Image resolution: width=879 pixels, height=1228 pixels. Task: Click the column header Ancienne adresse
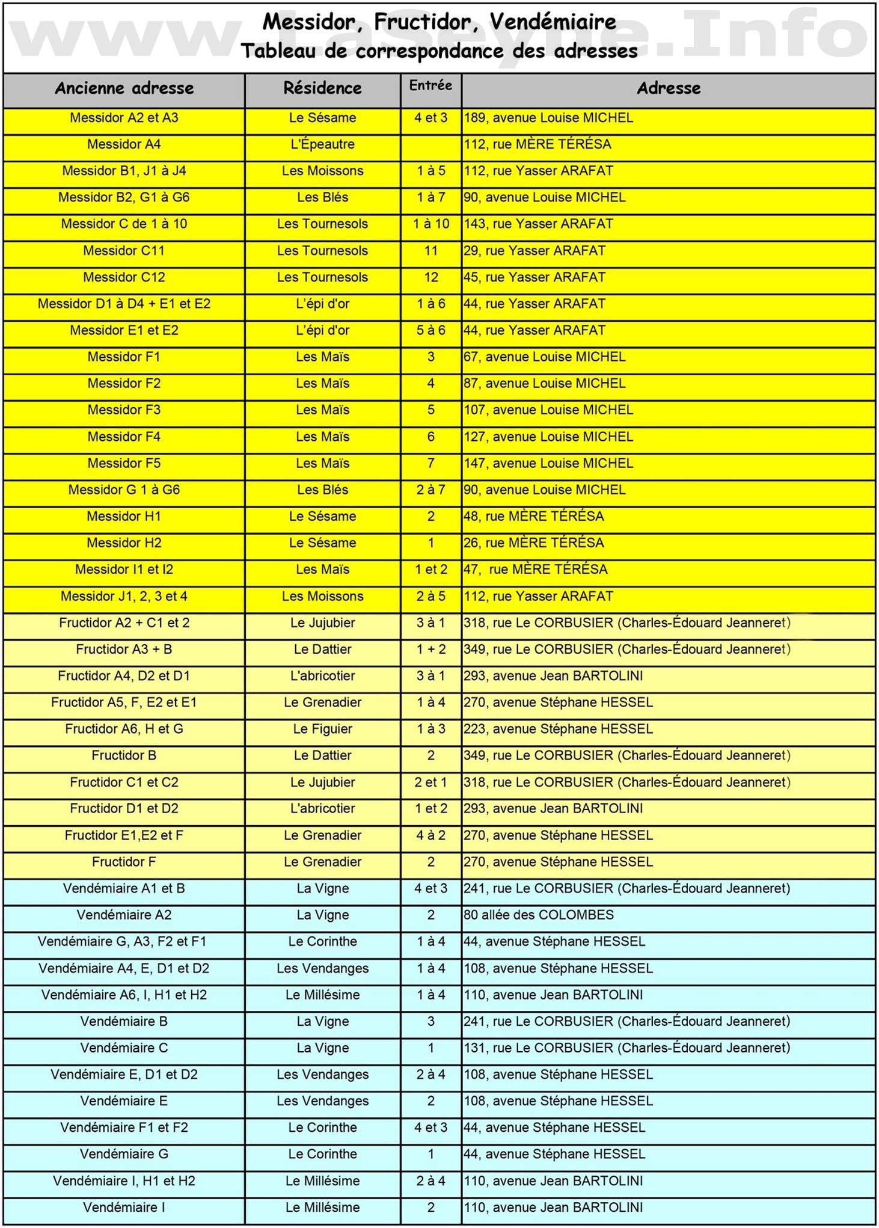(x=124, y=88)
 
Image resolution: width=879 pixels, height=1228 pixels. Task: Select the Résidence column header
(x=322, y=88)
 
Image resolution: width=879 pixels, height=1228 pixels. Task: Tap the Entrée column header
(x=430, y=86)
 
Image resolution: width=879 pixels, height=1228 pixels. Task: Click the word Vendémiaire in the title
(x=553, y=22)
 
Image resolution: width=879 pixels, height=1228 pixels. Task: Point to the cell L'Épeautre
(x=322, y=144)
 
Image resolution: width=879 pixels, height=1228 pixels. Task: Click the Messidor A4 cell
(x=124, y=144)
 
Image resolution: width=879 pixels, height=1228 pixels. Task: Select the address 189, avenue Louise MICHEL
(x=548, y=118)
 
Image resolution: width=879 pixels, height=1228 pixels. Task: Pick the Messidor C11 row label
(x=124, y=251)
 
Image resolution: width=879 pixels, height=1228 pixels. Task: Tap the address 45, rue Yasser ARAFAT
(x=534, y=277)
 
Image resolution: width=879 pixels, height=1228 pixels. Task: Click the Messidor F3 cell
(x=124, y=410)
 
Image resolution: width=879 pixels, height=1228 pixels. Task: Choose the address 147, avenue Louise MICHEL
(x=548, y=463)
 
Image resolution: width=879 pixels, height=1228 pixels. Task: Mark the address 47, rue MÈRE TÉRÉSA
(x=536, y=569)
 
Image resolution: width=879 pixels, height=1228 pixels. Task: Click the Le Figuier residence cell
(x=322, y=729)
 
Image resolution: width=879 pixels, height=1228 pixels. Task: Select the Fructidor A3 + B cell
(x=124, y=649)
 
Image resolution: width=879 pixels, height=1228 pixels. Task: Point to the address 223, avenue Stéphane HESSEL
(x=558, y=729)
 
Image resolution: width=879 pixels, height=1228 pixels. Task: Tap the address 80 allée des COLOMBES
(x=539, y=915)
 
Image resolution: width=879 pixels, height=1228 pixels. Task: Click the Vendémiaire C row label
(x=124, y=1048)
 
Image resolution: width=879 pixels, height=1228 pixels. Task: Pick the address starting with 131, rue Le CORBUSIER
(x=626, y=1048)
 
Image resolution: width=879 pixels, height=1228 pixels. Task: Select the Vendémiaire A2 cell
(x=124, y=915)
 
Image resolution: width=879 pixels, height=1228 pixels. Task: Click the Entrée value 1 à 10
(x=430, y=224)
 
